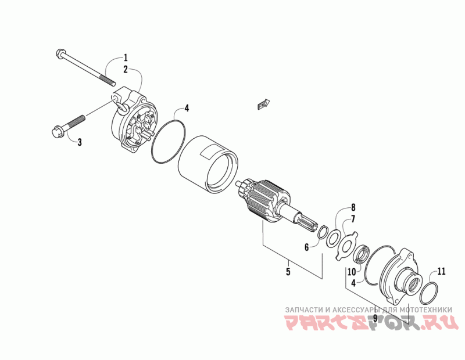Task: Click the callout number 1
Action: click(124, 57)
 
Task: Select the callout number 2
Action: click(124, 69)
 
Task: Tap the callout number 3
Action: click(80, 142)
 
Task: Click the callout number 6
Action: click(306, 247)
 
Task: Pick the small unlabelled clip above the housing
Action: click(263, 105)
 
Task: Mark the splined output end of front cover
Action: click(414, 284)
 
